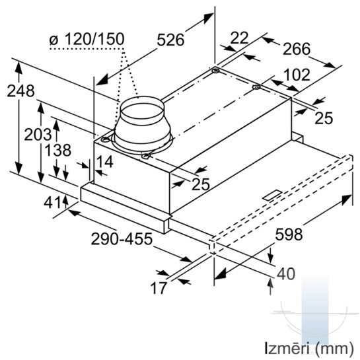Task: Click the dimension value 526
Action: click(x=170, y=40)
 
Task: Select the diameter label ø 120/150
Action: click(x=87, y=39)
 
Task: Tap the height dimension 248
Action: click(x=20, y=90)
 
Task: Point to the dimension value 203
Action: click(x=38, y=134)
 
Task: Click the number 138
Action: click(x=57, y=150)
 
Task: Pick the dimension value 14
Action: click(x=104, y=161)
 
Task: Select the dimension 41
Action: click(x=53, y=203)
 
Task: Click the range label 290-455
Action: click(x=122, y=238)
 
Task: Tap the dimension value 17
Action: click(x=158, y=288)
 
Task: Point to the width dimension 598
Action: click(x=289, y=234)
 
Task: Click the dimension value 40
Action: click(x=286, y=273)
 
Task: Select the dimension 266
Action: click(x=297, y=49)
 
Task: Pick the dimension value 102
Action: click(x=297, y=75)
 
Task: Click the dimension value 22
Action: click(x=239, y=38)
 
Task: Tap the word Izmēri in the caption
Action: click(x=288, y=348)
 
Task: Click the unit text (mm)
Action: click(x=334, y=349)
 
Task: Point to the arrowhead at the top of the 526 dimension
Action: click(x=208, y=18)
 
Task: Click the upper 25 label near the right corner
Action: click(x=324, y=118)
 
